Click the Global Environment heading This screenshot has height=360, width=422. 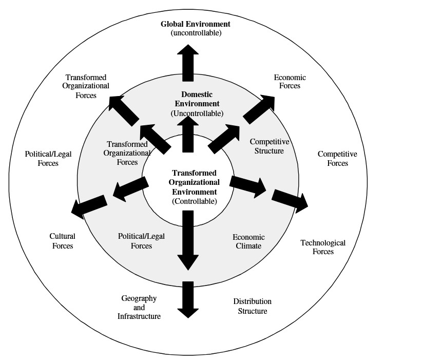pos(195,24)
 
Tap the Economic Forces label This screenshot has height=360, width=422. pos(290,82)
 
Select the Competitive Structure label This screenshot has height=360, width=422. pos(266,146)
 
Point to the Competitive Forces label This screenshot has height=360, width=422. pos(337,158)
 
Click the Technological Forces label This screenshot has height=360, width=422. pos(323,247)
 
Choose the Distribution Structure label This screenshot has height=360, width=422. pos(252,306)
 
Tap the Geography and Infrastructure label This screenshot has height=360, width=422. pos(139,307)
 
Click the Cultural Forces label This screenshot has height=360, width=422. pos(62,241)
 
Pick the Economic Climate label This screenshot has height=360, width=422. pos(248,241)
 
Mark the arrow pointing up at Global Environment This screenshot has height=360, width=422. pos(188,62)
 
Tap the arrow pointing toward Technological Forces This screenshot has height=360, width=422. pos(290,200)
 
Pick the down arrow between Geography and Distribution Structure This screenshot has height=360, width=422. pos(188,299)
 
